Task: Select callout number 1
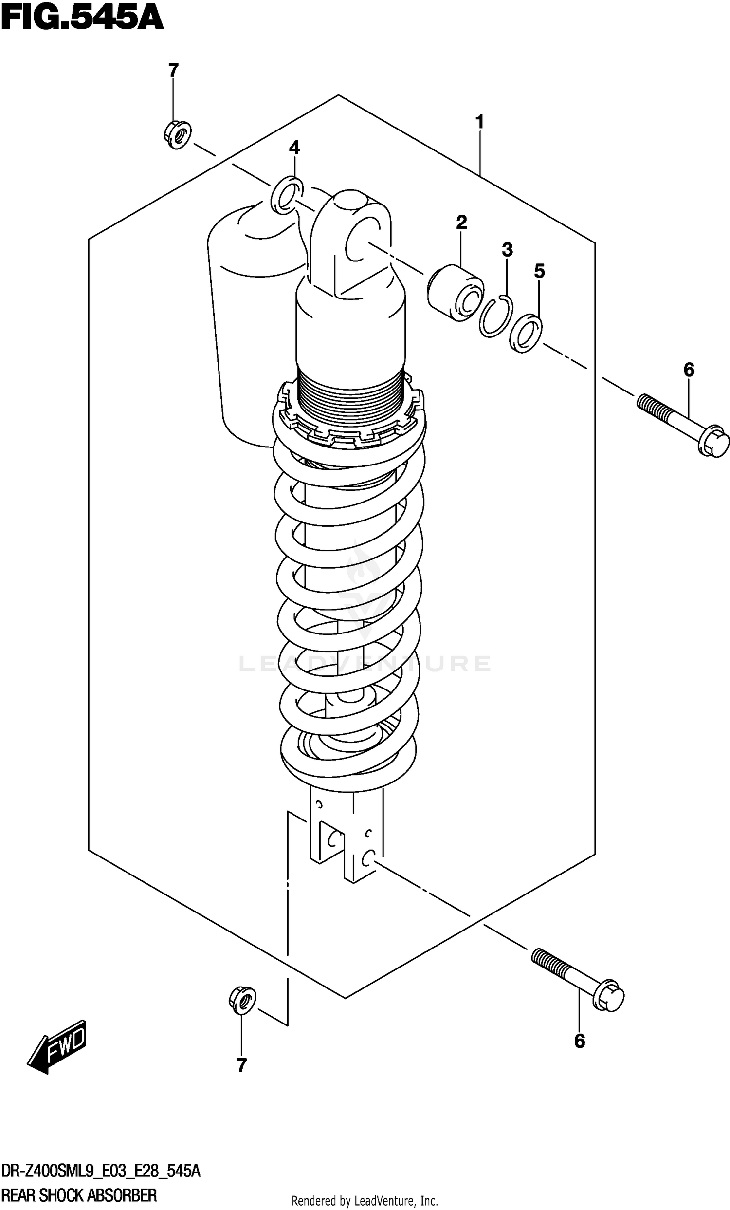(x=479, y=122)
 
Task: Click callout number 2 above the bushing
(x=461, y=223)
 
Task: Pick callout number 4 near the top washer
(x=294, y=148)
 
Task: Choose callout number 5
(x=539, y=271)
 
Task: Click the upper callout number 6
(x=689, y=370)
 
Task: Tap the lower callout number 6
(x=579, y=1041)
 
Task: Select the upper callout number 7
(x=173, y=71)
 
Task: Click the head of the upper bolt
(x=713, y=442)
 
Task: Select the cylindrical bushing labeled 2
(x=455, y=293)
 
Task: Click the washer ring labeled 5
(x=526, y=334)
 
